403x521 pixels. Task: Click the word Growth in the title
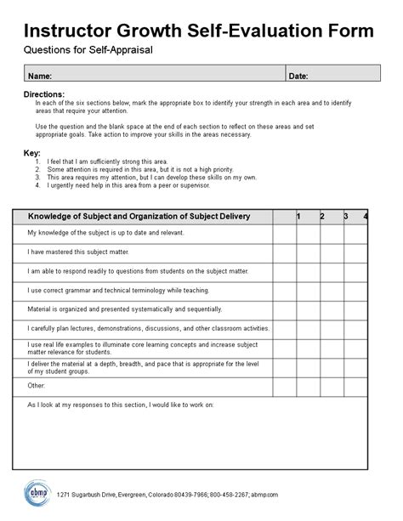146,31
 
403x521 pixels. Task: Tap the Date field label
298,76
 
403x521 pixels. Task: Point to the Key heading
30,152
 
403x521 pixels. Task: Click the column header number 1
298,217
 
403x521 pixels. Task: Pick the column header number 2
322,217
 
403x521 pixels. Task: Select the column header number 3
346,217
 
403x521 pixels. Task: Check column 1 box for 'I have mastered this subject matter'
284,252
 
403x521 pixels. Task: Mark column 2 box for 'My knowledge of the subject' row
308,232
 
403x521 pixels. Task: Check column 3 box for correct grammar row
332,290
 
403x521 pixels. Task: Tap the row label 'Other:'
37,385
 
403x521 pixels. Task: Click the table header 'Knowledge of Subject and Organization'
139,217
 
